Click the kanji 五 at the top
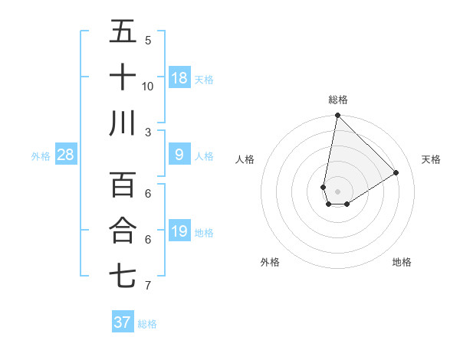123,32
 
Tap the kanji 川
123,123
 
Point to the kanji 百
123,185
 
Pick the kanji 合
123,230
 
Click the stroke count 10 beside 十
148,86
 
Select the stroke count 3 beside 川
148,132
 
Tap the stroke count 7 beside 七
148,286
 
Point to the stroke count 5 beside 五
148,41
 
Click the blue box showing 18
179,78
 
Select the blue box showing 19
179,231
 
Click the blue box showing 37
123,322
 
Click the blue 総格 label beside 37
147,324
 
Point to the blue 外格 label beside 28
41,156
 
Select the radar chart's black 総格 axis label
337,100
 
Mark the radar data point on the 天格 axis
396,173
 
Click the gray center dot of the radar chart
337,190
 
